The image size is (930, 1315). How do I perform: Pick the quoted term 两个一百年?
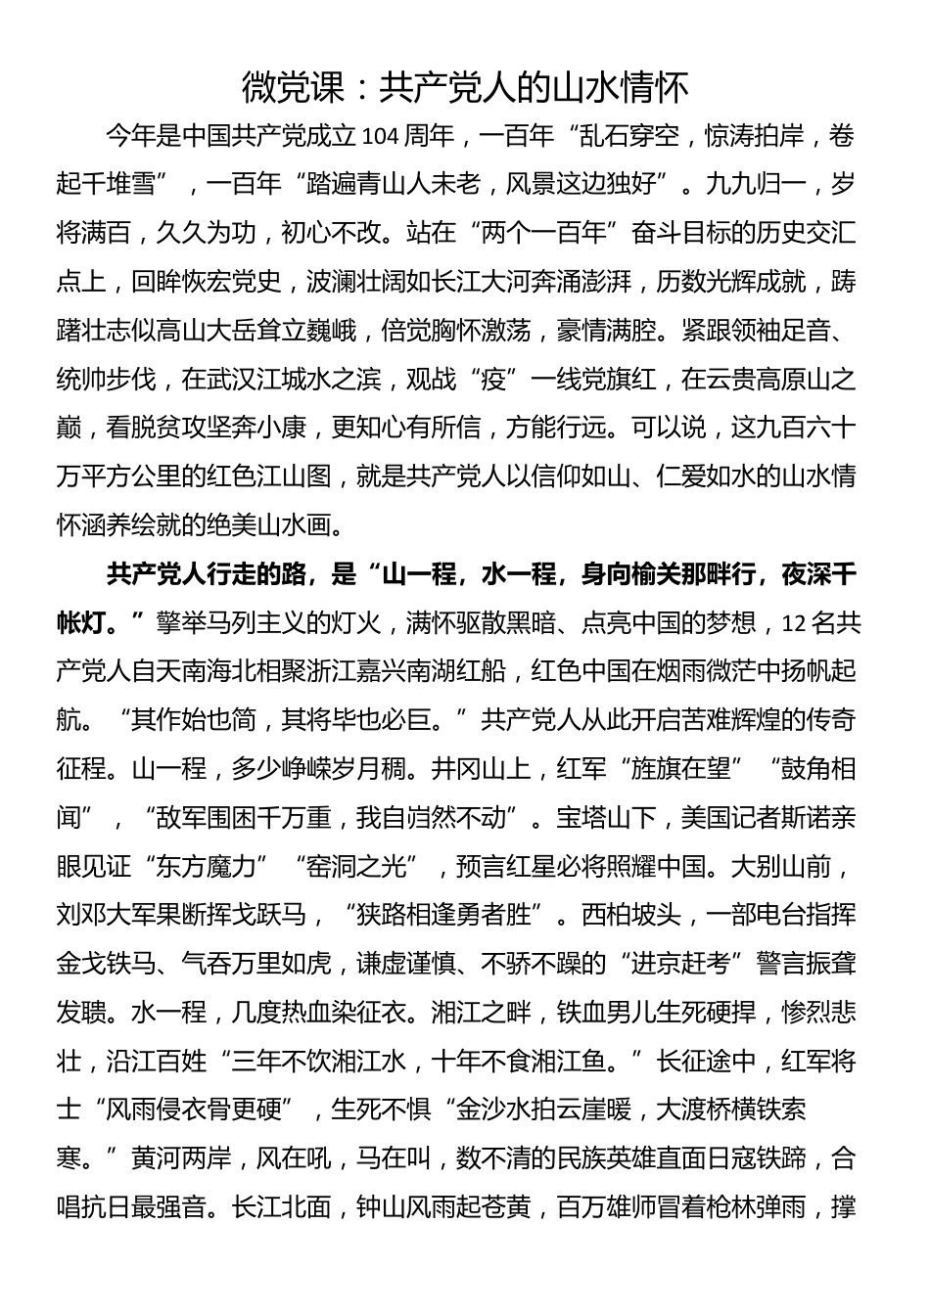click(531, 233)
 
